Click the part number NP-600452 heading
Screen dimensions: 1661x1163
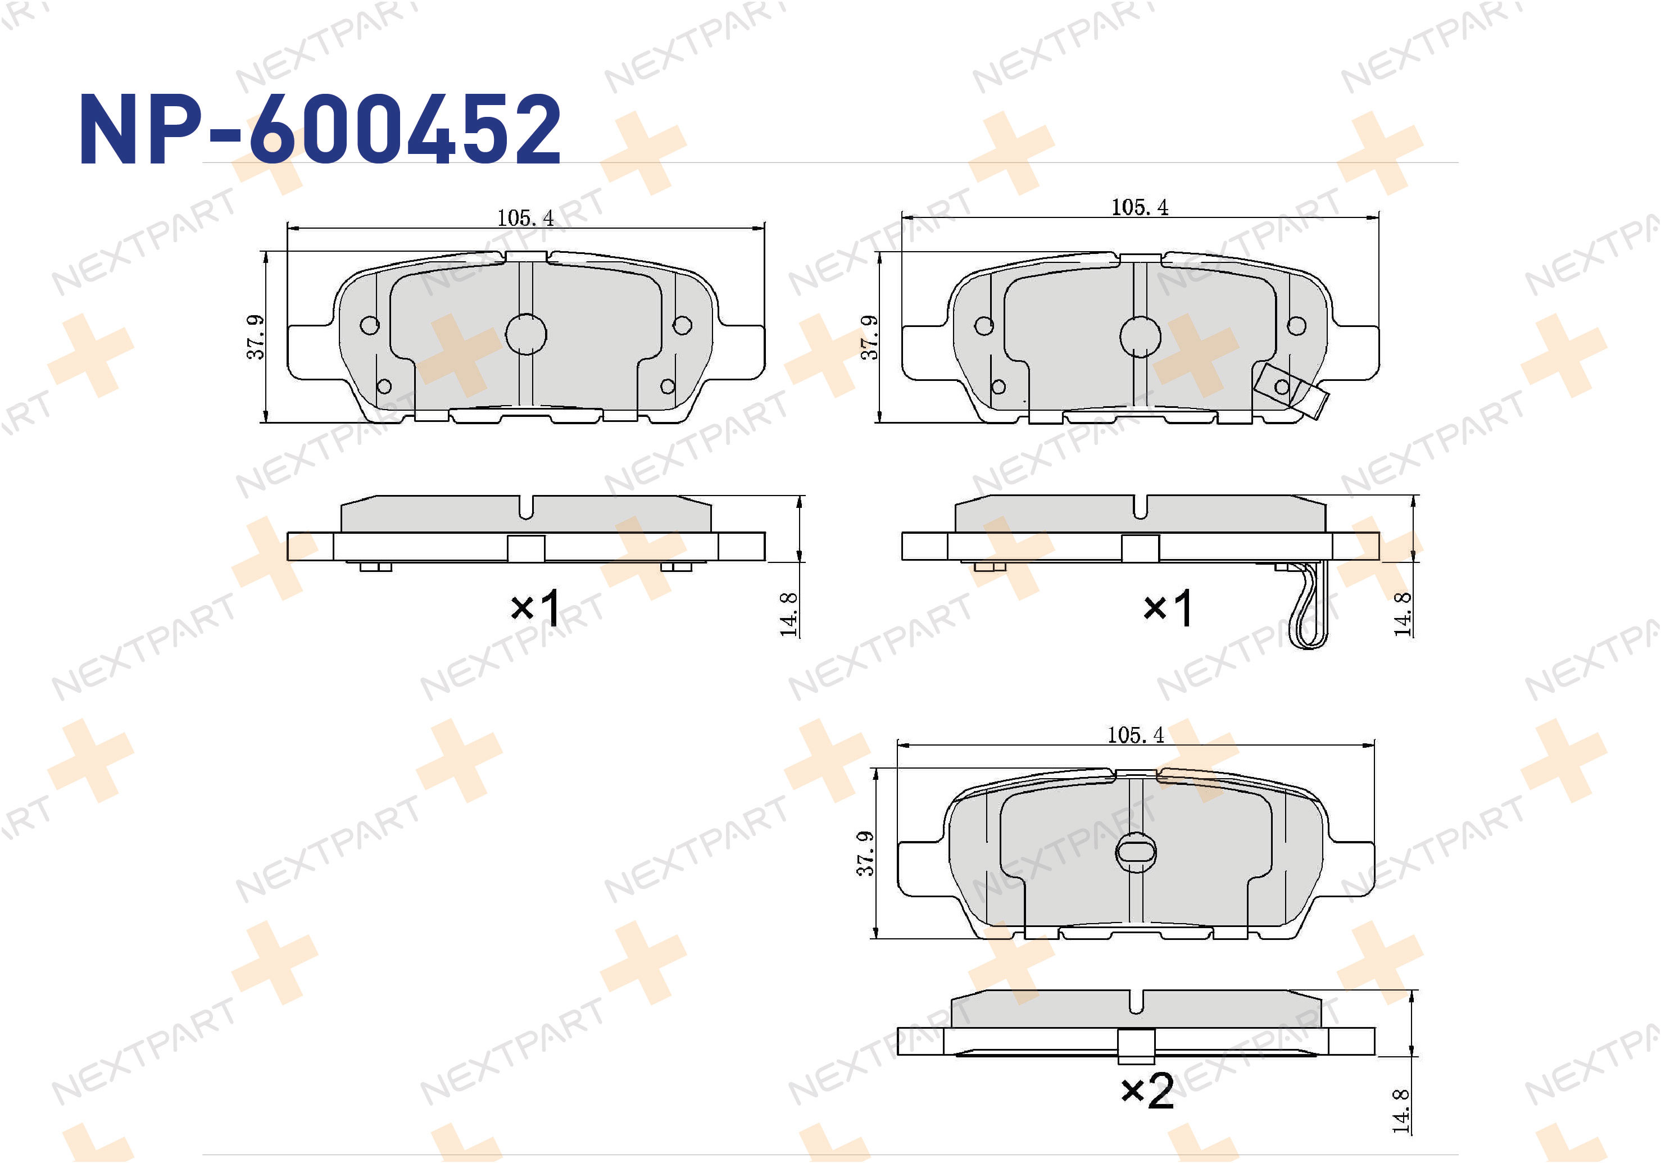(320, 130)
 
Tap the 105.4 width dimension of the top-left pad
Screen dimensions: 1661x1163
(525, 217)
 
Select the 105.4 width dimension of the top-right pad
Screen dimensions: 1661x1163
(1140, 207)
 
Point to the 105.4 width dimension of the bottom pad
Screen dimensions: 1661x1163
(1135, 735)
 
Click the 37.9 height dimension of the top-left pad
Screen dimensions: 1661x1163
(255, 337)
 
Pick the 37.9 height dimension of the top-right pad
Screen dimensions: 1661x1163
(869, 337)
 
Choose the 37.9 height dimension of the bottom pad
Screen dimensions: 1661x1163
(865, 853)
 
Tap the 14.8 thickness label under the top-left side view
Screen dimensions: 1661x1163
(788, 614)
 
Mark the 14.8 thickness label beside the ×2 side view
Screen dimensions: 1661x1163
(1401, 1111)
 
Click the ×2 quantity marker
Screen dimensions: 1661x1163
(1147, 1091)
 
